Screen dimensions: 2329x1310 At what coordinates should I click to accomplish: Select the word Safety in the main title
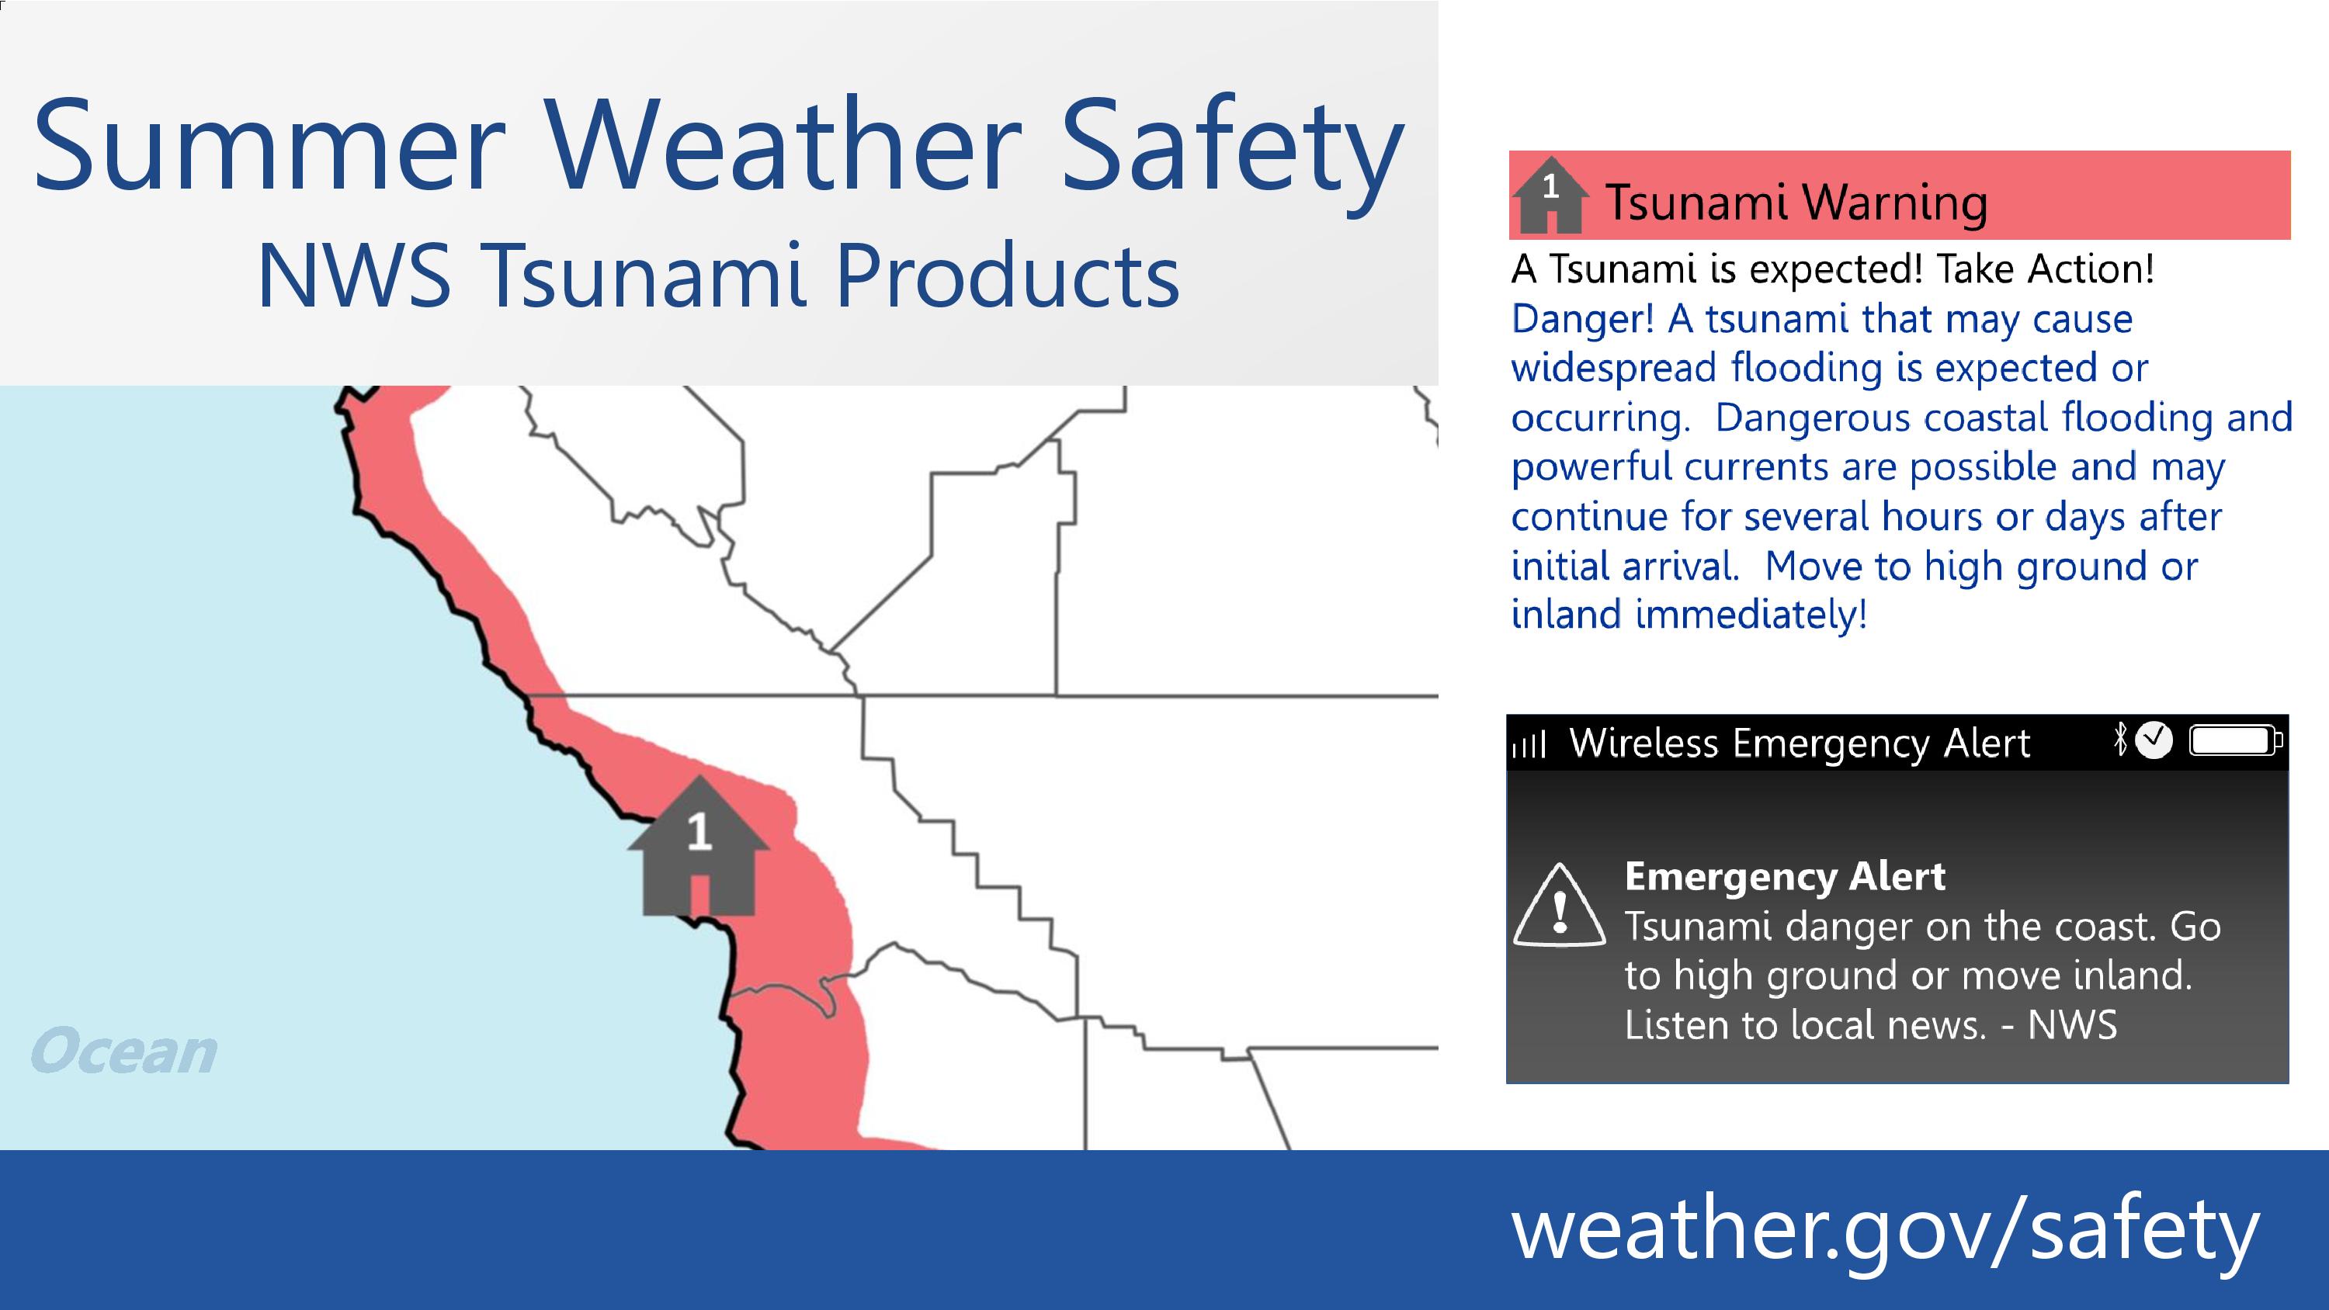point(1232,154)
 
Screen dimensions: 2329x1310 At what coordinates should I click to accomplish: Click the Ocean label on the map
point(124,1052)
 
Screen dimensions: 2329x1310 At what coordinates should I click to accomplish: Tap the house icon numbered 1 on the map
point(698,846)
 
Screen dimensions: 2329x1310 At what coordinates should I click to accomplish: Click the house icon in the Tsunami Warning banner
point(1550,194)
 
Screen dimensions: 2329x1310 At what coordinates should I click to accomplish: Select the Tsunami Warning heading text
point(1796,202)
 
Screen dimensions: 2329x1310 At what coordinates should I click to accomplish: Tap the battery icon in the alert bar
point(2236,741)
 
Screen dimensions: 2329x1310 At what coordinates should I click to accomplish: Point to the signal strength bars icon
point(1529,744)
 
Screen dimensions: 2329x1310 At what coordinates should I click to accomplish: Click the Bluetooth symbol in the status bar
point(2121,740)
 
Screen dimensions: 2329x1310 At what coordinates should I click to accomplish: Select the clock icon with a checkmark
point(2154,740)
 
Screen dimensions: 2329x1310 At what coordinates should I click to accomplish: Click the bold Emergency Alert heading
point(1785,876)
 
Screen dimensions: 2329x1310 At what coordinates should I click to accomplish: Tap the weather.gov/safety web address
point(1885,1232)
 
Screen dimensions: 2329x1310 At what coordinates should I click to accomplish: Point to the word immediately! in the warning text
point(1751,615)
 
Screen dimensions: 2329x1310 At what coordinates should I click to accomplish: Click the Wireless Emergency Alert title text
point(1800,744)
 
